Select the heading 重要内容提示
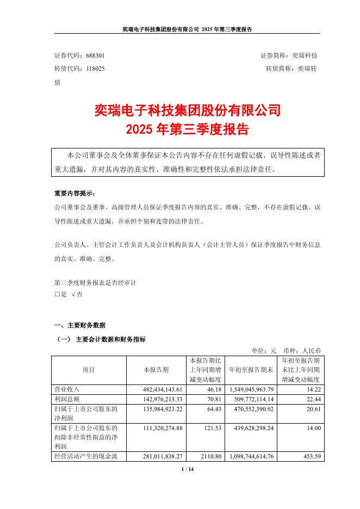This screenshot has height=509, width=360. pyautogui.click(x=77, y=194)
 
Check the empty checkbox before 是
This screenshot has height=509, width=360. pyautogui.click(x=57, y=294)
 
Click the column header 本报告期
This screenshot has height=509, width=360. pyautogui.click(x=156, y=370)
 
